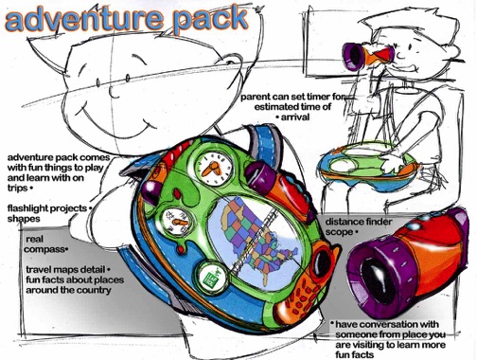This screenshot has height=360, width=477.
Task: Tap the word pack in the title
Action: tap(209, 19)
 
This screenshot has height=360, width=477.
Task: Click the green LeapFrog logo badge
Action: tap(212, 278)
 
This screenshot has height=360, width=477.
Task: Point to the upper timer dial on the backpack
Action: tap(213, 168)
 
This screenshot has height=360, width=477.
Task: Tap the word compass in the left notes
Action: tap(45, 249)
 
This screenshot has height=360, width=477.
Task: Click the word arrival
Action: tap(295, 117)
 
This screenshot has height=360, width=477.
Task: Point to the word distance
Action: tap(344, 222)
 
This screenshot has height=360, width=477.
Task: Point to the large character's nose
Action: tap(113, 92)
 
